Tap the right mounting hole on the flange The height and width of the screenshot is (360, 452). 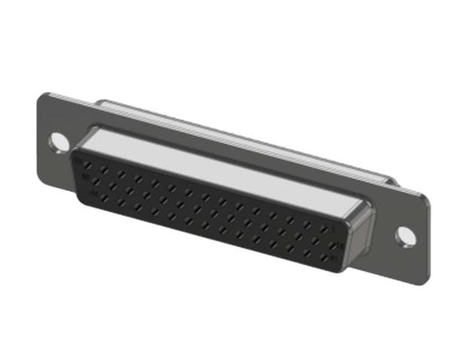(405, 235)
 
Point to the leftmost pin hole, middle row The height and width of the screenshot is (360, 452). (96, 181)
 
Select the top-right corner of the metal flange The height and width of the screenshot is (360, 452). (425, 197)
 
